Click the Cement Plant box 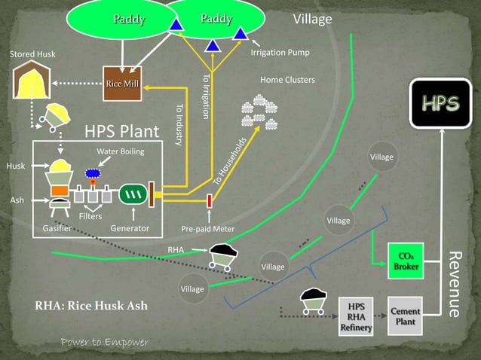406,316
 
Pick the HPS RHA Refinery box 356,316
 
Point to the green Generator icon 133,194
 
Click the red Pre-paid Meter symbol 210,201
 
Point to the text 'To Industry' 179,125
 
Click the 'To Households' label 230,162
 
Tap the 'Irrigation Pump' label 280,53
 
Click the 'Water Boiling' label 120,152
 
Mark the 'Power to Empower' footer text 105,343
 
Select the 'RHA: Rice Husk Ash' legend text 91,306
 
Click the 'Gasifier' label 57,227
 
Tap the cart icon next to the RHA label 224,256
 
